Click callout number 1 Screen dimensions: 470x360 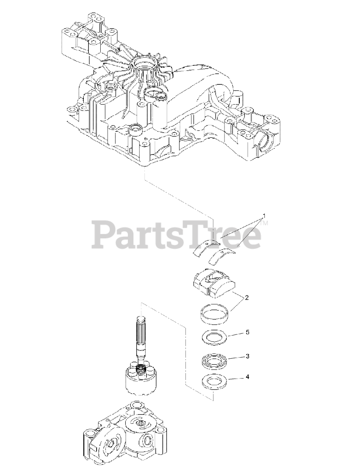point(263,216)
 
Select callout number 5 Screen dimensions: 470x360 point(247,332)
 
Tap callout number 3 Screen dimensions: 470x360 point(247,356)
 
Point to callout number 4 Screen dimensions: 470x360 point(247,376)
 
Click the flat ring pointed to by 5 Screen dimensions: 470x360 point(213,337)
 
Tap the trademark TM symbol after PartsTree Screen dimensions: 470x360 point(265,223)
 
